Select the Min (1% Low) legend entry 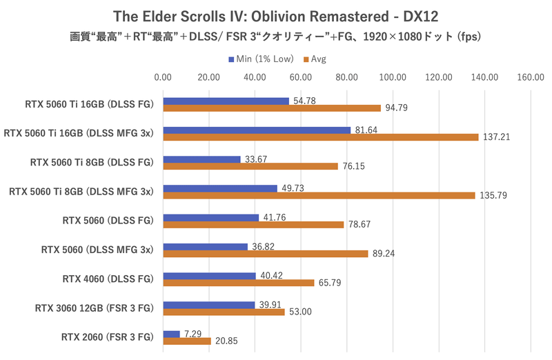coord(256,59)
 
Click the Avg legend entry coord(314,59)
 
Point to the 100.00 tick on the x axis coord(392,77)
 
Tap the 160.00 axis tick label coord(530,77)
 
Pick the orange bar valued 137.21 coord(320,137)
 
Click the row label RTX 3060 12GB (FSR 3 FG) coord(93,308)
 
